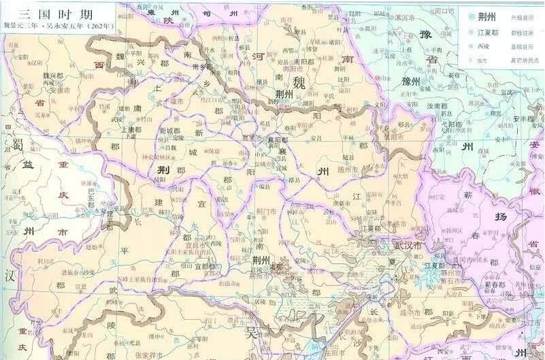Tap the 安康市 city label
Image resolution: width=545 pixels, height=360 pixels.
42,89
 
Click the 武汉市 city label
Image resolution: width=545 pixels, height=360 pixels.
408,246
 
